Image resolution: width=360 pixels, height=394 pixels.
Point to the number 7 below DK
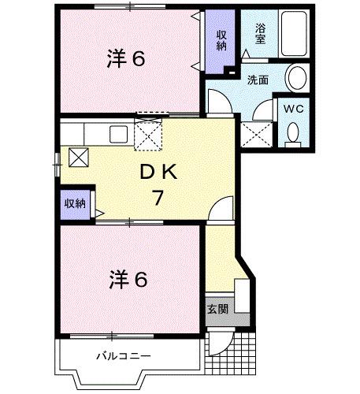coord(158,197)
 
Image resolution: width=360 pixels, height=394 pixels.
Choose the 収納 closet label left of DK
coord(75,203)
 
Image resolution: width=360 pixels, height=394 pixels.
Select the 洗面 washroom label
coord(258,80)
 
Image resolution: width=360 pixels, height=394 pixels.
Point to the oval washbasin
coord(297,78)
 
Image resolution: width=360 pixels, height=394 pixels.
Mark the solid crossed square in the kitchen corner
coord(79,156)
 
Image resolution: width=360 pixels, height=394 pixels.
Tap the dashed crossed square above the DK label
coord(147,135)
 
